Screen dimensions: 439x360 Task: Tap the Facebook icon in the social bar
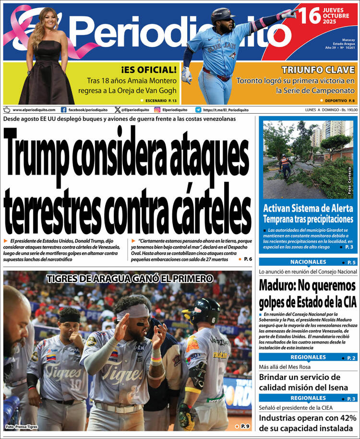64,110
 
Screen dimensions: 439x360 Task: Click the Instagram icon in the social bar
157,110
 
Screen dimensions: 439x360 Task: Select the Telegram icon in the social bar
198,110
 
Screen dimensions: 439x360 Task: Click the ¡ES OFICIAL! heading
149,70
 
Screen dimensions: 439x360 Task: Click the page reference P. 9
245,426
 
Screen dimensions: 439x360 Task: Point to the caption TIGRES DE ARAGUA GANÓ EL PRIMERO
130,278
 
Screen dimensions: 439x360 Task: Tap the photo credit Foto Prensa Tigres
22,427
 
